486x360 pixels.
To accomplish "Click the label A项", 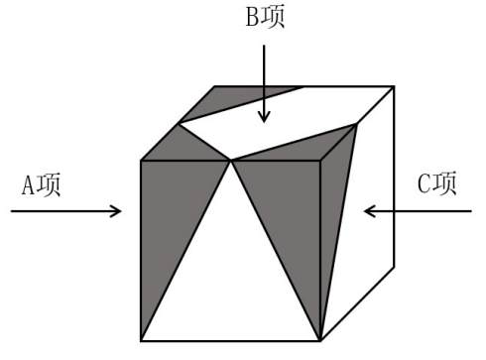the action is tap(41, 185).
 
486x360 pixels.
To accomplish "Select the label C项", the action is tap(437, 185).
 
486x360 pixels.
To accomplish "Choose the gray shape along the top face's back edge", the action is tap(243, 99).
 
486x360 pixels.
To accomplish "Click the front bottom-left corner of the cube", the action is tap(141, 340).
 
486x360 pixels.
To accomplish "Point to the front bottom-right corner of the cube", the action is tap(321, 340).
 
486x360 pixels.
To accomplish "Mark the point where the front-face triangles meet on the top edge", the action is tap(231, 160).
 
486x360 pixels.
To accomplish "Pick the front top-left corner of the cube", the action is tap(141, 160).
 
